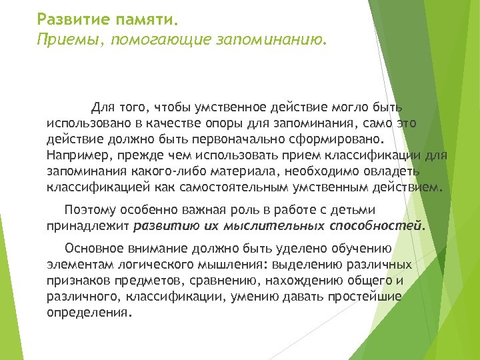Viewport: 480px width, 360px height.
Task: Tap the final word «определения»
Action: point(89,312)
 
